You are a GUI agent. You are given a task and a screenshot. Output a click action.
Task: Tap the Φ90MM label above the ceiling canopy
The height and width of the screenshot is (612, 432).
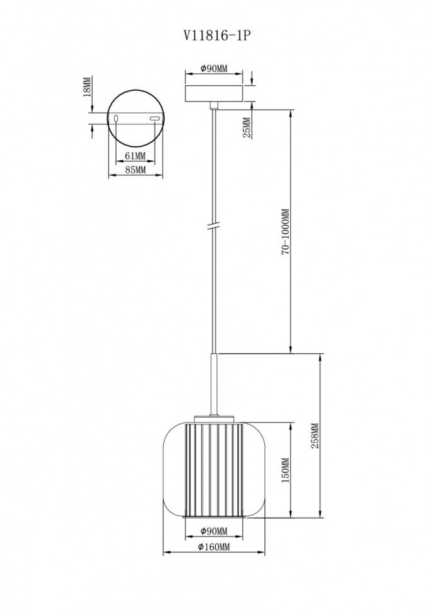tap(213, 69)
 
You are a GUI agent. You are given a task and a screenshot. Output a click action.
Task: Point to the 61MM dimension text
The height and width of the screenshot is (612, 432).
tap(135, 155)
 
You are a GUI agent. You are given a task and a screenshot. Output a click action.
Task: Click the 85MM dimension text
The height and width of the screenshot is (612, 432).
tap(135, 170)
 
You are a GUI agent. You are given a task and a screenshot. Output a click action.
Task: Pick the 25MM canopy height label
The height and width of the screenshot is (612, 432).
tap(247, 127)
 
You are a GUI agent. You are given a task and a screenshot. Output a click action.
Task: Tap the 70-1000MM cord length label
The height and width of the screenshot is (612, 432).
tap(284, 232)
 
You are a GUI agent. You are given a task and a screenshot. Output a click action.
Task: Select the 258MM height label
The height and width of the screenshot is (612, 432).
tap(315, 435)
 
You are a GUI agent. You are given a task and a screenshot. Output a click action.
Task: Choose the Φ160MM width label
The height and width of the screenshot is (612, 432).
tap(213, 547)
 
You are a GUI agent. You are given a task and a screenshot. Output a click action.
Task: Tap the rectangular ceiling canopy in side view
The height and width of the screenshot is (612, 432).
tap(213, 92)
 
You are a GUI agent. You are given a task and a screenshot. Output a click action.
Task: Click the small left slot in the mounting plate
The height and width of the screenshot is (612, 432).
tap(117, 118)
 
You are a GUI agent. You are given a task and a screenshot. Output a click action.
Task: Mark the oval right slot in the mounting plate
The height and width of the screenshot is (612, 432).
tap(155, 118)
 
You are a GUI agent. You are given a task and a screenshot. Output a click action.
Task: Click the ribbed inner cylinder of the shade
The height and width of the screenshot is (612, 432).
tap(213, 470)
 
